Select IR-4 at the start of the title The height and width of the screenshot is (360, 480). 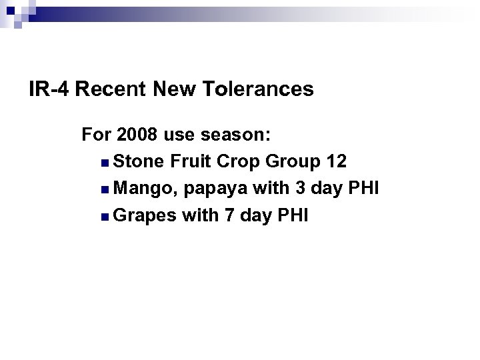50,89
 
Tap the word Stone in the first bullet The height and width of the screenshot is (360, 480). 139,162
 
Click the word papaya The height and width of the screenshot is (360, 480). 219,190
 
